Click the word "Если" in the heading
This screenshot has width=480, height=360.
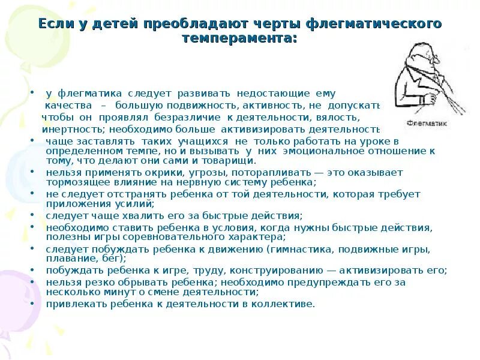tap(55, 24)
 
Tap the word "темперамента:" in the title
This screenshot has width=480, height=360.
tap(240, 37)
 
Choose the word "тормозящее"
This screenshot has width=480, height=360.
tap(75, 182)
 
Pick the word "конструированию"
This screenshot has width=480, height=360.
tap(257, 271)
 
